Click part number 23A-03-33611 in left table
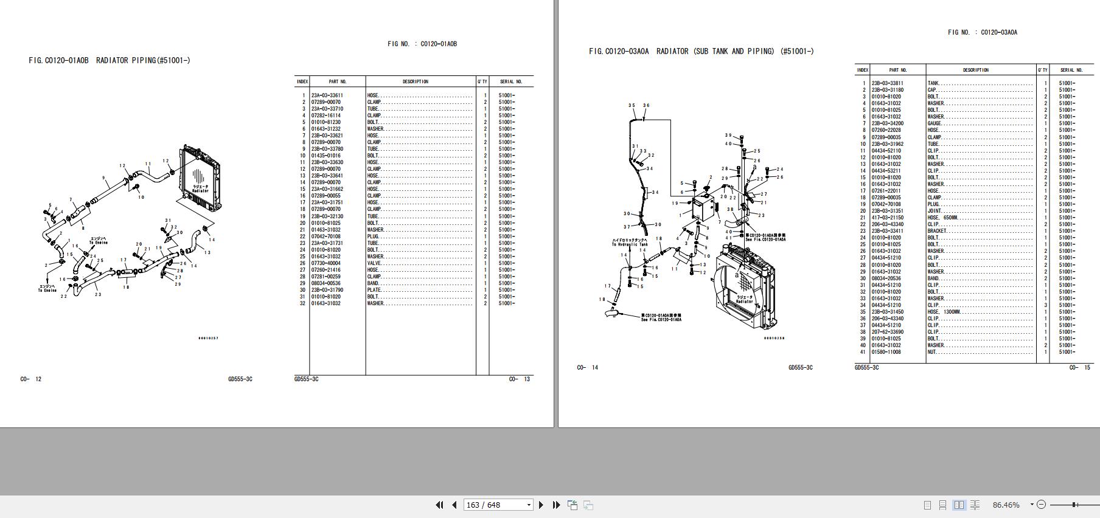(327, 95)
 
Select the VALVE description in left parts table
(374, 263)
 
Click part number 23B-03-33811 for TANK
(887, 83)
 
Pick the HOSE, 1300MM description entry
(944, 312)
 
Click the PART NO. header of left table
(338, 81)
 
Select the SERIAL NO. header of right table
(1071, 70)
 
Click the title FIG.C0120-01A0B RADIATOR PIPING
(110, 60)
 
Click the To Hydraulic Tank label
(630, 244)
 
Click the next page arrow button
(541, 505)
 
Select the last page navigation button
(556, 505)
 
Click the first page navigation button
(439, 505)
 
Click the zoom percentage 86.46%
(1006, 505)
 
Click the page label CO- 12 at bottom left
(31, 379)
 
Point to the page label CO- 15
(1080, 367)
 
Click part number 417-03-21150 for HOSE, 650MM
(887, 218)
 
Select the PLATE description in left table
(373, 290)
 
